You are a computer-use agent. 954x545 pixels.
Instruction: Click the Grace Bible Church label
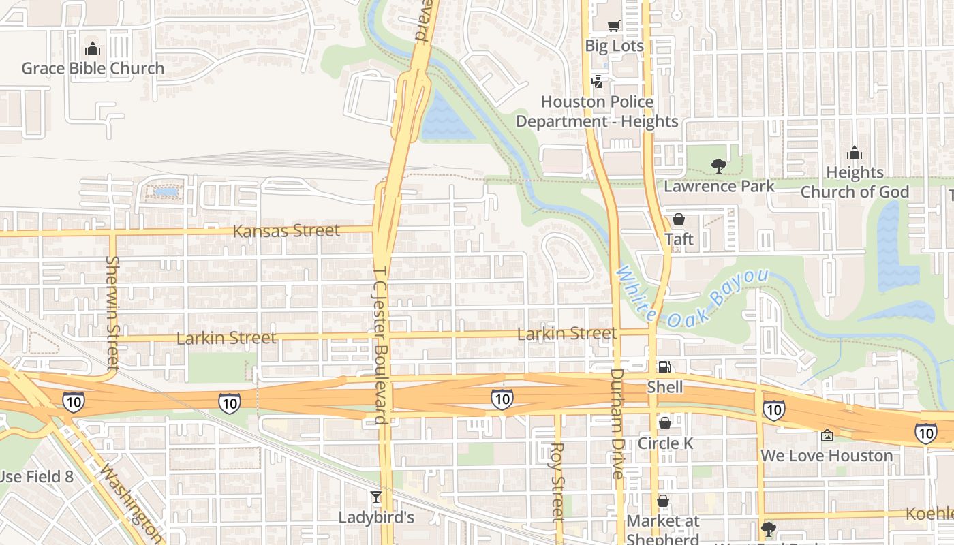click(93, 68)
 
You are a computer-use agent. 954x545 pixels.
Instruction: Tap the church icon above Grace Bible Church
click(92, 48)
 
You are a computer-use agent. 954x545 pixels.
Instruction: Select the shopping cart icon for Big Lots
click(614, 26)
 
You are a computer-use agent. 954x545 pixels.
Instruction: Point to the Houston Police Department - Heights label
click(597, 112)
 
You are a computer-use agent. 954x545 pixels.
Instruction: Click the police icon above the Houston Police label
click(597, 82)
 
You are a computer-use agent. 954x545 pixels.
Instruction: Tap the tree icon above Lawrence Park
click(718, 166)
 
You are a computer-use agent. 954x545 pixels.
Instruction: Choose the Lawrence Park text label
click(719, 186)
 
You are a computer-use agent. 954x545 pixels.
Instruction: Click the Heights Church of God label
click(855, 183)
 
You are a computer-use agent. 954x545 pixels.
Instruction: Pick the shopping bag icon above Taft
click(679, 219)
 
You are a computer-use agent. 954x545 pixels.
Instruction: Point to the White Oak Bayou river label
click(692, 297)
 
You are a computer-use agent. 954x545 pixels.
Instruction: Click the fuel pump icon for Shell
click(664, 367)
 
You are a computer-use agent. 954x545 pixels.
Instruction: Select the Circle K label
click(665, 443)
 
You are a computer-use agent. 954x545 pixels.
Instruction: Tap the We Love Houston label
click(827, 456)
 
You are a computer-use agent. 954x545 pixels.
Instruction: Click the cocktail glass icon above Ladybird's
click(376, 497)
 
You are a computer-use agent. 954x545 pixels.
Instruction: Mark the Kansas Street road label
click(286, 231)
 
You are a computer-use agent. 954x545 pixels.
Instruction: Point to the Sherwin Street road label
click(112, 313)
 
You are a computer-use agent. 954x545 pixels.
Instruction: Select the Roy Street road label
click(557, 482)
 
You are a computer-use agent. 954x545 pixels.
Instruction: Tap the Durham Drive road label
click(617, 422)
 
